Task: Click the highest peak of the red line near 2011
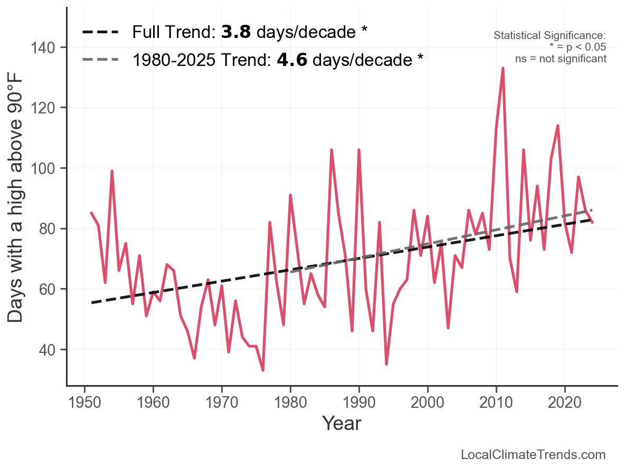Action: tap(503, 68)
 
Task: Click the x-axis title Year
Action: tap(342, 423)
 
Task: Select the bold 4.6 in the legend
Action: tap(292, 60)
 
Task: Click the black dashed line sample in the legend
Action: tap(100, 33)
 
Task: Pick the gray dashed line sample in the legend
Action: tap(100, 60)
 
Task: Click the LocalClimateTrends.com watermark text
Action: tap(533, 454)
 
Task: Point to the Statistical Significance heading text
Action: tap(550, 35)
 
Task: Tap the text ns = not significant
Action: tap(561, 59)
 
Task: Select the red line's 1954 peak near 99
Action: tap(112, 171)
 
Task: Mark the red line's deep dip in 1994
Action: tap(386, 364)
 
